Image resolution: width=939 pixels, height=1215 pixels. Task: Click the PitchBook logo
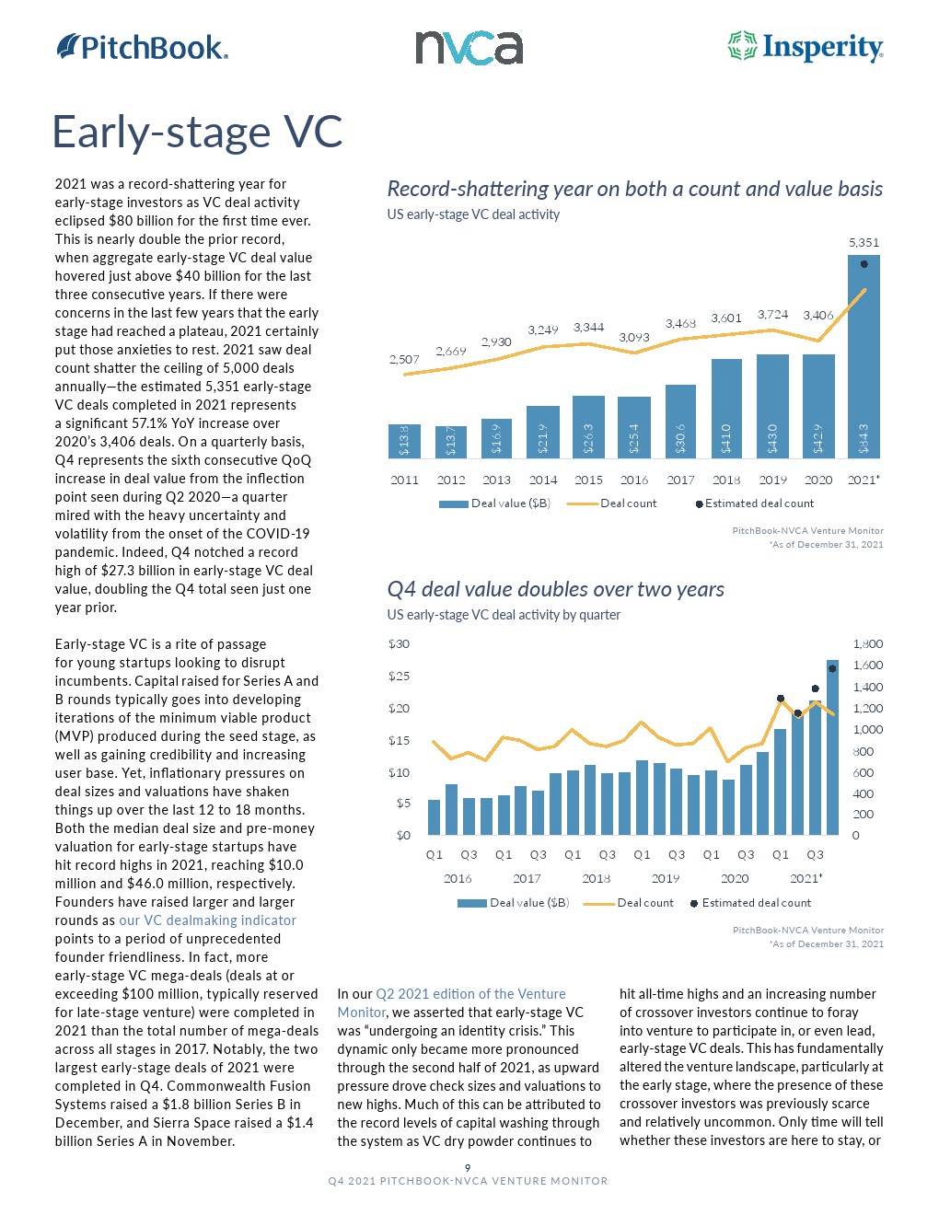pos(142,47)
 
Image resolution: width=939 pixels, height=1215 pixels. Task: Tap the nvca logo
pos(469,48)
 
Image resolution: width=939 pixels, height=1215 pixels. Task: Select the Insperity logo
pos(806,47)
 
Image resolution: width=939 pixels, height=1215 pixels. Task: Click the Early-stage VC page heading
pos(197,132)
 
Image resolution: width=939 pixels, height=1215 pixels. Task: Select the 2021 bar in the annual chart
pos(864,359)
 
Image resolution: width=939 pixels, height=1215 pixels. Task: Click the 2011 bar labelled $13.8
pos(404,441)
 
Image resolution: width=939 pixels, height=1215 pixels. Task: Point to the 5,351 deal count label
pos(864,242)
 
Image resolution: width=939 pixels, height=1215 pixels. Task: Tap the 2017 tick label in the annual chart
pos(680,480)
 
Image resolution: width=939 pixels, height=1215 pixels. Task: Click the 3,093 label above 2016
pos(634,337)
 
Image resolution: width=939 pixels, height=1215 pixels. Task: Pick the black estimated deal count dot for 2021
pos(864,264)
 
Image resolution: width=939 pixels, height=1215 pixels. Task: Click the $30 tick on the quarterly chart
pos(399,643)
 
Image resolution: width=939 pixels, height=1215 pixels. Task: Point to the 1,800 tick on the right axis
pos(867,643)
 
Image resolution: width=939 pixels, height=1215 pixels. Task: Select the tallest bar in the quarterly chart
pos(832,747)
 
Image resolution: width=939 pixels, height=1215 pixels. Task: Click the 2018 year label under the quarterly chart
pos(596,878)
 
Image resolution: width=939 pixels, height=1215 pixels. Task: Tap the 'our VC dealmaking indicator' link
pos(207,920)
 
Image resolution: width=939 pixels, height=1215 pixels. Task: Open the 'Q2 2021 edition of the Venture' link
pos(470,994)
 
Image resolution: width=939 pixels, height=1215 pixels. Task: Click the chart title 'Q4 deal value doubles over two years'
pos(555,589)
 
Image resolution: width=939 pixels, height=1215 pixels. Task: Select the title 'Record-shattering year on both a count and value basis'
pos(634,189)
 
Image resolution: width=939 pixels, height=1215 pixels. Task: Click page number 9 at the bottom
pos(468,1167)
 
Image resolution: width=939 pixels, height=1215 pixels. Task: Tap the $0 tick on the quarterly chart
pos(402,835)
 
